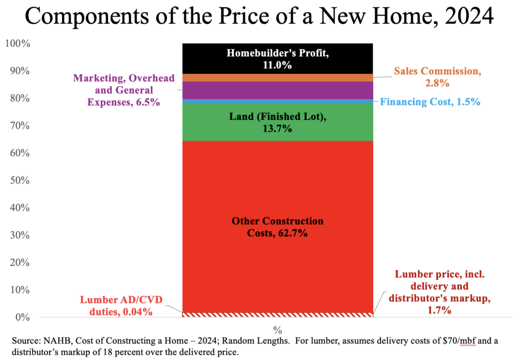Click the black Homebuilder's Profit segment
coord(278,51)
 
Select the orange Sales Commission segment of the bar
coord(278,78)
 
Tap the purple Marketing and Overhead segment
coord(278,90)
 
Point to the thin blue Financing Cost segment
coord(278,101)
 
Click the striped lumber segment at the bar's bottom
coord(278,314)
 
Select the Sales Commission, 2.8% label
coord(437,77)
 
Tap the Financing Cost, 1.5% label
coord(430,102)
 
